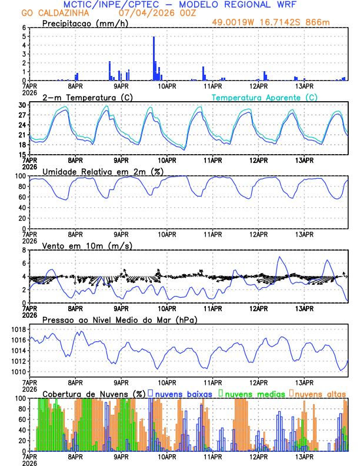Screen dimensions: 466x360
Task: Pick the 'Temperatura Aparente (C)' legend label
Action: click(264, 97)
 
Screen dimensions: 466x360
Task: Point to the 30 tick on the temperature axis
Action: click(22, 105)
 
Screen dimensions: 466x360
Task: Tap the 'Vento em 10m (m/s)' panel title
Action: click(79, 245)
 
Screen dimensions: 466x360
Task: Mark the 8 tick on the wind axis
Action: click(24, 250)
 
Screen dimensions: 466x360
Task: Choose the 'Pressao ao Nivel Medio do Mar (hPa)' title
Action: click(120, 319)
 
